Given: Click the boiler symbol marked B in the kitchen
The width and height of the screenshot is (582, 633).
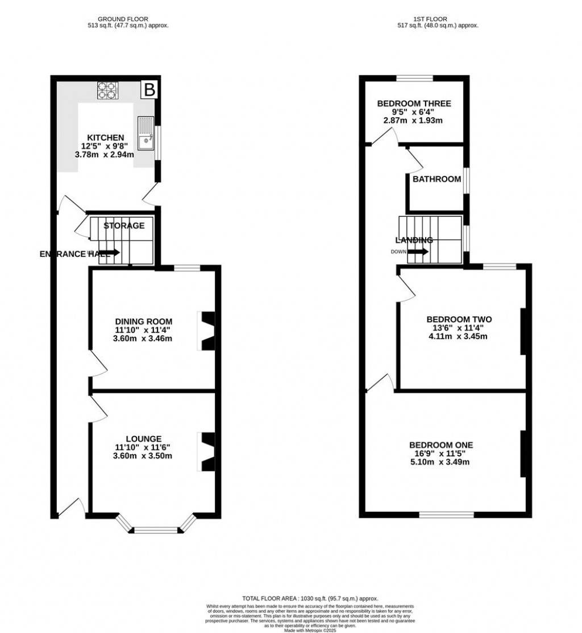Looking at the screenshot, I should [149, 89].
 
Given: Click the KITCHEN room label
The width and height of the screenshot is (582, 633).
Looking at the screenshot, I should [105, 137].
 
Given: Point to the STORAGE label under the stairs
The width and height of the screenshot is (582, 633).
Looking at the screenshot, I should [124, 225].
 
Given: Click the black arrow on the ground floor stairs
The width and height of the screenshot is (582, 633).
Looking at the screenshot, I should [110, 252].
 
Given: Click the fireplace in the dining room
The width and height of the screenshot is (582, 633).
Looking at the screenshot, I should [207, 331].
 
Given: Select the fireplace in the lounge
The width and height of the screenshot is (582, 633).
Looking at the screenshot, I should [207, 451].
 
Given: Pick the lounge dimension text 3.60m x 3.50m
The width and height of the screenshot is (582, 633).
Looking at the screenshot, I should [143, 456].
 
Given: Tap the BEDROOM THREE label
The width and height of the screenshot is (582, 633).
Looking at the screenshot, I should [414, 104].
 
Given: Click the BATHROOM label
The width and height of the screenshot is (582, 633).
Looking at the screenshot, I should [436, 179].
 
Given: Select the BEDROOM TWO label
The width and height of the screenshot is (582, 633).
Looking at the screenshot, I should [458, 319].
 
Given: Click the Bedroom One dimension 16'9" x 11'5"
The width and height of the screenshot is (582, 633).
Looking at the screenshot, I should [441, 454].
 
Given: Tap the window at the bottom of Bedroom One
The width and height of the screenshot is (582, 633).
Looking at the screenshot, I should [447, 515].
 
